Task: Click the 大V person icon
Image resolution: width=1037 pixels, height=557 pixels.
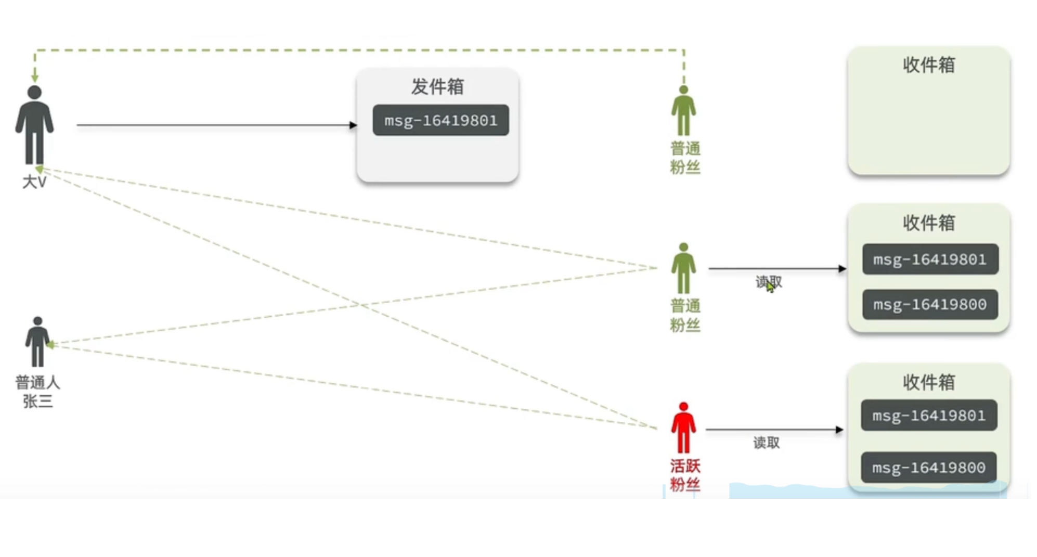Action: click(x=34, y=125)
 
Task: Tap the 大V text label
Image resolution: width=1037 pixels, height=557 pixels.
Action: click(x=34, y=182)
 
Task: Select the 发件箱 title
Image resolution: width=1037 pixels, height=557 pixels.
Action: click(x=437, y=86)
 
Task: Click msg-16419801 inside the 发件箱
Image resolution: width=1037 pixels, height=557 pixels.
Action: click(x=440, y=121)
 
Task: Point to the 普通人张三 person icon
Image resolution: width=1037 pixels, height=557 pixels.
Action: click(x=37, y=342)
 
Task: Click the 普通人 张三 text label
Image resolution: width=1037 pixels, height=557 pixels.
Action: click(x=37, y=392)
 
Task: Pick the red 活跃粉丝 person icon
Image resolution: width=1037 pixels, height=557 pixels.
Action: click(x=683, y=428)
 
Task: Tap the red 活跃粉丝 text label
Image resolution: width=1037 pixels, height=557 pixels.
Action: click(x=685, y=475)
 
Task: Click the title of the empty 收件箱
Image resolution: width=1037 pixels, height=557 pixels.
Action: click(x=929, y=65)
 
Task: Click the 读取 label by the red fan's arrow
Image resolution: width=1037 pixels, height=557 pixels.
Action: click(x=767, y=443)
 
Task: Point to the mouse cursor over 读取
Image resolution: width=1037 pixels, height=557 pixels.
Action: click(x=770, y=286)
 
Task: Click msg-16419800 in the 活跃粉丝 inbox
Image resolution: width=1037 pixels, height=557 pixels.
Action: click(x=929, y=468)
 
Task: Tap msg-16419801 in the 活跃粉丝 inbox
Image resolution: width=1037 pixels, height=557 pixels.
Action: click(x=929, y=416)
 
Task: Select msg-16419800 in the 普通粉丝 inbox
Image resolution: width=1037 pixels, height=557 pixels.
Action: click(x=930, y=304)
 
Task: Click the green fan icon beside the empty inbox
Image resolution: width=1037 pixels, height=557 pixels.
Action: click(x=683, y=111)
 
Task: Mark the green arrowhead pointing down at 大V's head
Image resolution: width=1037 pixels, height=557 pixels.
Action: click(x=35, y=77)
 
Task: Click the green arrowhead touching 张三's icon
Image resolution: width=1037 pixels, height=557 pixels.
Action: click(x=50, y=344)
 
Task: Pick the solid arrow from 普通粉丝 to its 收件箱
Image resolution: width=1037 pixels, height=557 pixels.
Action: click(x=777, y=268)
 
